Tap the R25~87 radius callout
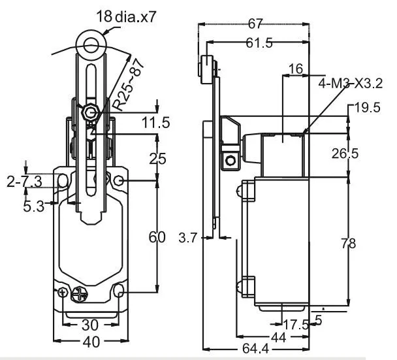tap(129, 86)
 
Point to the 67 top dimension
tap(255, 24)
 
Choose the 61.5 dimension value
tap(259, 43)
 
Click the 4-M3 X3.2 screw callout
tap(350, 83)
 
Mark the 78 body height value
tap(367, 243)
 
